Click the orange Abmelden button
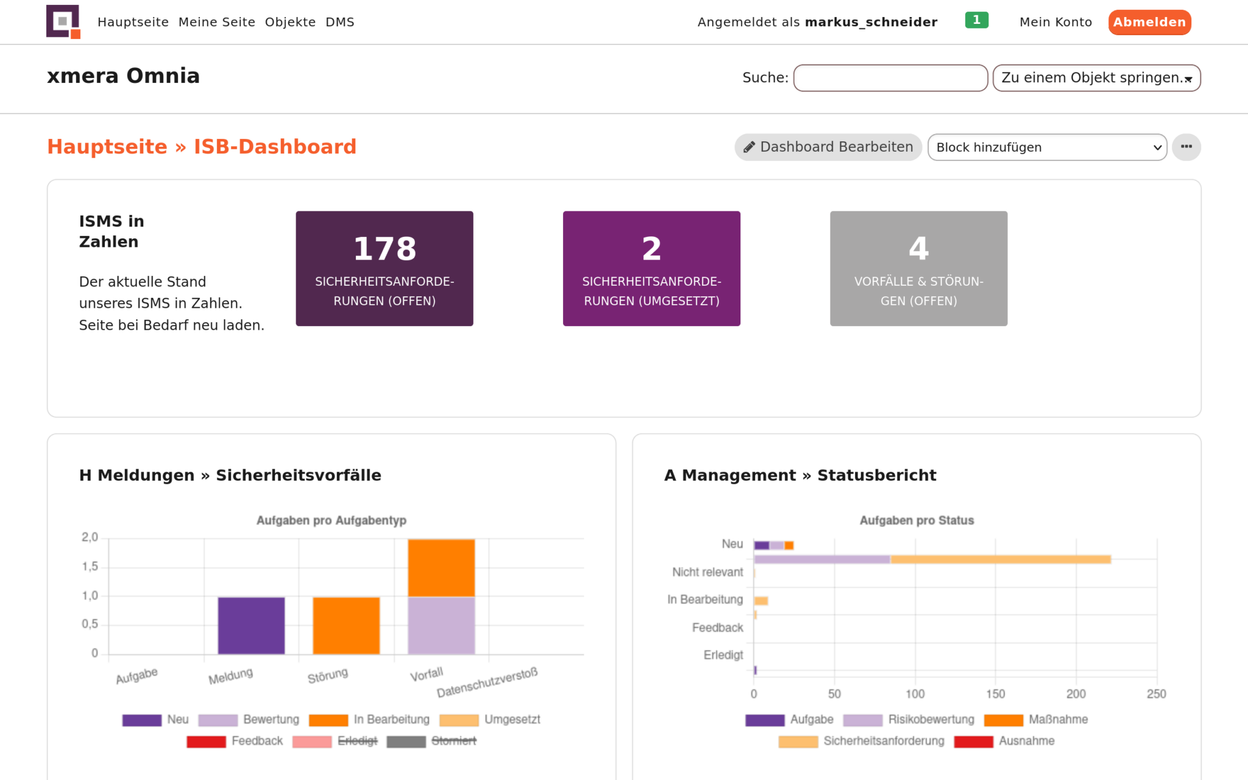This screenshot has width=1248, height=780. (1149, 23)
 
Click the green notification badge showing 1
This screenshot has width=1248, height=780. (976, 20)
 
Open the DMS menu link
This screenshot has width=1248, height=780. (339, 23)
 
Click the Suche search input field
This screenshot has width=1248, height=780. (890, 78)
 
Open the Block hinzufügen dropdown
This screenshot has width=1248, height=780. (1046, 147)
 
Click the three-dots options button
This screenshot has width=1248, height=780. (1186, 147)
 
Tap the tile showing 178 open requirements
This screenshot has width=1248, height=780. (385, 269)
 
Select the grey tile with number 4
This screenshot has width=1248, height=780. (918, 269)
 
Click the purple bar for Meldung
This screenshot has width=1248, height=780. (251, 625)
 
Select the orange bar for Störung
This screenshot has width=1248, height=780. (346, 625)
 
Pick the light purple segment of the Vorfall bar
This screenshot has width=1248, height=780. (441, 625)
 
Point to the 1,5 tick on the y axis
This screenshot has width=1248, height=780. (90, 567)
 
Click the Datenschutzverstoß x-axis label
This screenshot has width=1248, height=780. (487, 682)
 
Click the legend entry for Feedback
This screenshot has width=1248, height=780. (235, 741)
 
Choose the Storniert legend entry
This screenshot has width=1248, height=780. (432, 741)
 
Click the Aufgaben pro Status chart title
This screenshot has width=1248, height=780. (916, 520)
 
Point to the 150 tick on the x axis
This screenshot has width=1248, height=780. (995, 694)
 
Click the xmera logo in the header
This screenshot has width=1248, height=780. (63, 22)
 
